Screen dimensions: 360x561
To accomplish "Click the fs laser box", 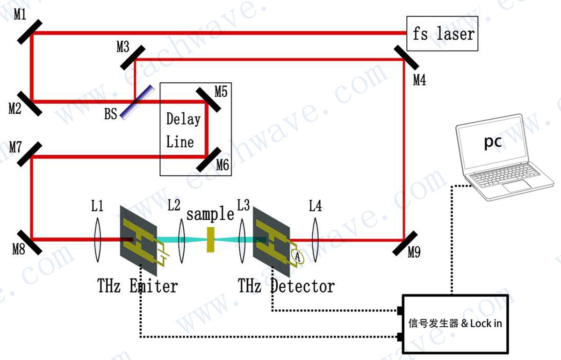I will (x=442, y=33).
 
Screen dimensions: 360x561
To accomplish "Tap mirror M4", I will (x=403, y=58).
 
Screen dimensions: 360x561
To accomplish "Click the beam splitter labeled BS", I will (x=137, y=101).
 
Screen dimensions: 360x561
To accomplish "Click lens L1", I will (x=97, y=239).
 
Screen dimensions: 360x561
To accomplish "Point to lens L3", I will (x=242, y=239).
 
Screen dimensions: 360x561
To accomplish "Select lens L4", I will (x=314, y=239).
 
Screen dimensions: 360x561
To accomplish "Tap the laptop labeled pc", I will (x=498, y=154).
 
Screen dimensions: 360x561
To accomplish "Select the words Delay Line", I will (x=183, y=130).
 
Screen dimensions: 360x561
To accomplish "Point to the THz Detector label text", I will (x=287, y=285).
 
